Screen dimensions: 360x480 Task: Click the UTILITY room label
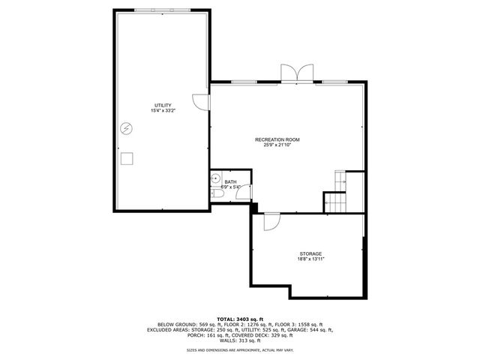pyautogui.click(x=163, y=105)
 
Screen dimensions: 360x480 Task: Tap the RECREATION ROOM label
pyautogui.click(x=277, y=139)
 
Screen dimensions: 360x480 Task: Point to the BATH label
pyautogui.click(x=230, y=181)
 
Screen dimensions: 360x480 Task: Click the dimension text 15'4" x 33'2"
pyautogui.click(x=163, y=111)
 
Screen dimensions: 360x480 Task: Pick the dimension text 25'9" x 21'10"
pyautogui.click(x=277, y=145)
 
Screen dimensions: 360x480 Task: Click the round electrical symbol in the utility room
pyautogui.click(x=127, y=128)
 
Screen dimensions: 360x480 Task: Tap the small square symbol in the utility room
pyautogui.click(x=127, y=157)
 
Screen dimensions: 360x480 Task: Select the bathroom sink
pyautogui.click(x=216, y=179)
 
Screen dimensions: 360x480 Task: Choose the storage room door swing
pyautogui.click(x=271, y=220)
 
